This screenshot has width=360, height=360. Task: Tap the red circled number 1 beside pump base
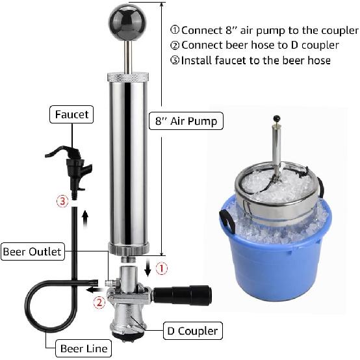[164, 266]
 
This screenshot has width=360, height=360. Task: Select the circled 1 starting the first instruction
[174, 31]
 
